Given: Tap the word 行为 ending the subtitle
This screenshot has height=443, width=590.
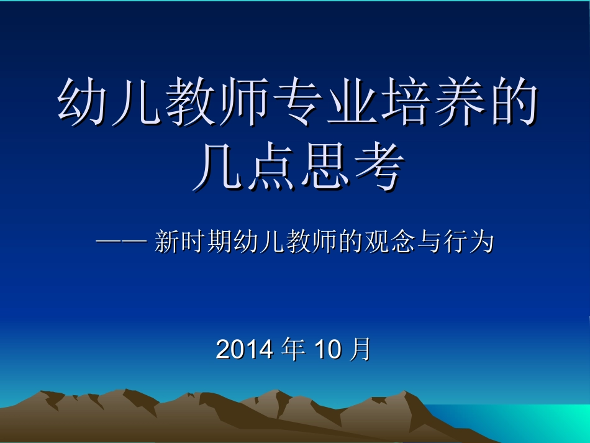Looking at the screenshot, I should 470,242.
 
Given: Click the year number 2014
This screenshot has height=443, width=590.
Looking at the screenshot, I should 244,350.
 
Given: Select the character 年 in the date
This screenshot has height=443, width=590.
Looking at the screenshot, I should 293,350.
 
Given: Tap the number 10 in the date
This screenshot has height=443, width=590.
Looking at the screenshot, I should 329,350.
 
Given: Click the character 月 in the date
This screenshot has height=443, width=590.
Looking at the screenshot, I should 360,350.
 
